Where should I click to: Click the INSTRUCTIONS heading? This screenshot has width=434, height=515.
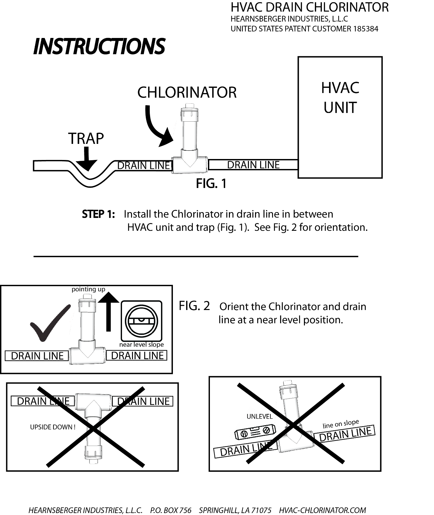pos(99,46)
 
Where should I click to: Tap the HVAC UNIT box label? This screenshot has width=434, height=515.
pos(340,98)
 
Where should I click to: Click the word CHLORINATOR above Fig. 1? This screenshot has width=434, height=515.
pos(187,93)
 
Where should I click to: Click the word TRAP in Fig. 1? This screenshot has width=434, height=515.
pos(86,138)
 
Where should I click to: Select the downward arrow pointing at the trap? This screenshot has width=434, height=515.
pos(86,159)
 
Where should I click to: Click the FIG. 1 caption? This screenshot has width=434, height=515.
pos(211,184)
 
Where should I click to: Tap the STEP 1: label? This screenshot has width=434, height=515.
pos(98,214)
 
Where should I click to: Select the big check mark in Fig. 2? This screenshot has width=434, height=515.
pos(49,323)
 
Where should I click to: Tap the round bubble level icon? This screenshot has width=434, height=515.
pos(141,321)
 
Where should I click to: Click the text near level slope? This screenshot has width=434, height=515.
pos(141,345)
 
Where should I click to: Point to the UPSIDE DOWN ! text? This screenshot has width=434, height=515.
pos(53,427)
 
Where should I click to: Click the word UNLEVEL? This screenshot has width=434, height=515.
pos(259,417)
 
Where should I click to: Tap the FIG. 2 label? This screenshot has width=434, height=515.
pos(194,306)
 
